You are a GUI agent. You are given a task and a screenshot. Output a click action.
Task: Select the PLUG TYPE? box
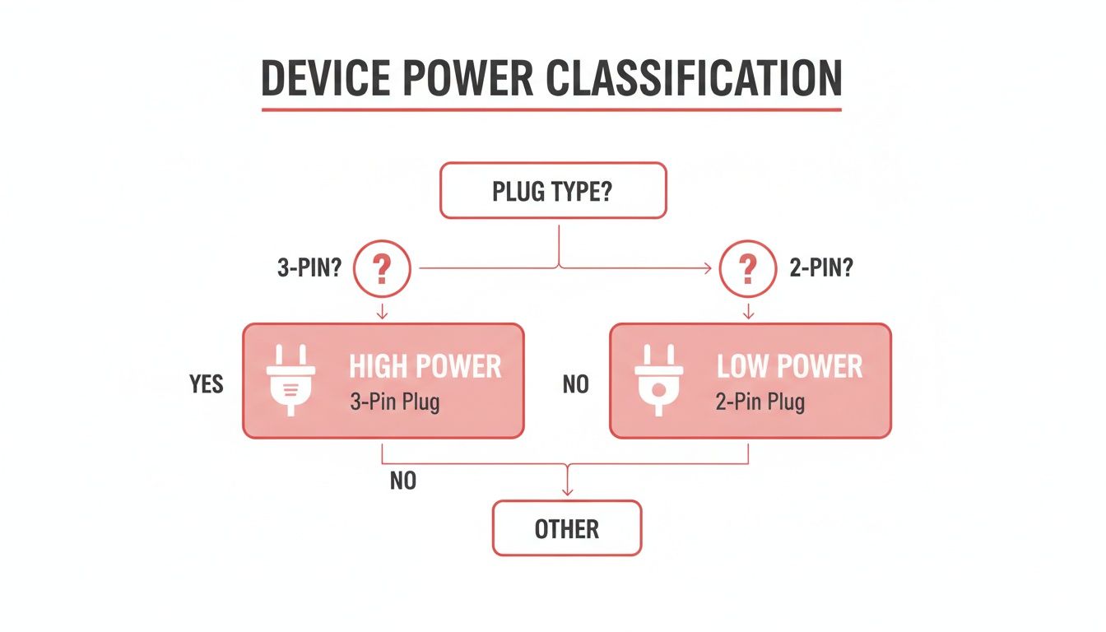coord(552,191)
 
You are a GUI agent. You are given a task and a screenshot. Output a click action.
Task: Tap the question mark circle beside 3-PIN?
coord(381,269)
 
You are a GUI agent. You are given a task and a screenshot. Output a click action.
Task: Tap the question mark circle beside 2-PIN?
coord(748,269)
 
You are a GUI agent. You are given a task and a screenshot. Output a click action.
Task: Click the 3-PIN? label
coord(309,270)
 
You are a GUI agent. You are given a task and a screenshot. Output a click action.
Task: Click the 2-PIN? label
coord(820,270)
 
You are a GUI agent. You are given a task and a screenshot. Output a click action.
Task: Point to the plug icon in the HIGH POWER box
coord(290,379)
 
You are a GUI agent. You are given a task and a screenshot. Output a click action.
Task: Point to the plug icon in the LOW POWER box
coord(658,379)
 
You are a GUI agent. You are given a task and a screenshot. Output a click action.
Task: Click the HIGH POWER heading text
coord(425,366)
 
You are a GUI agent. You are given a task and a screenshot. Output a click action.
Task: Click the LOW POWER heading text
coord(789,366)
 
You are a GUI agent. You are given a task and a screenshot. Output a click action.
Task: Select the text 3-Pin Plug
coord(394,403)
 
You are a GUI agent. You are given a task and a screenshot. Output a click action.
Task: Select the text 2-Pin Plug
coord(760,403)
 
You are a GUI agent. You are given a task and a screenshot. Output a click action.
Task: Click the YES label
coord(206,384)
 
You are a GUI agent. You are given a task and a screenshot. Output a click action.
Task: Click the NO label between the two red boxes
coord(575,384)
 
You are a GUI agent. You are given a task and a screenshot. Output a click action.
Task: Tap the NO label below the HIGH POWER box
coord(402,481)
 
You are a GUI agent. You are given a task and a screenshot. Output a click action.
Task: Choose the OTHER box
coord(566,528)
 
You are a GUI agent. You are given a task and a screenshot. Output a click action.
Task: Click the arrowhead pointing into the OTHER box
coord(566,493)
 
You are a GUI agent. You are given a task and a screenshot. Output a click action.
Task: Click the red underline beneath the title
coord(551,109)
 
